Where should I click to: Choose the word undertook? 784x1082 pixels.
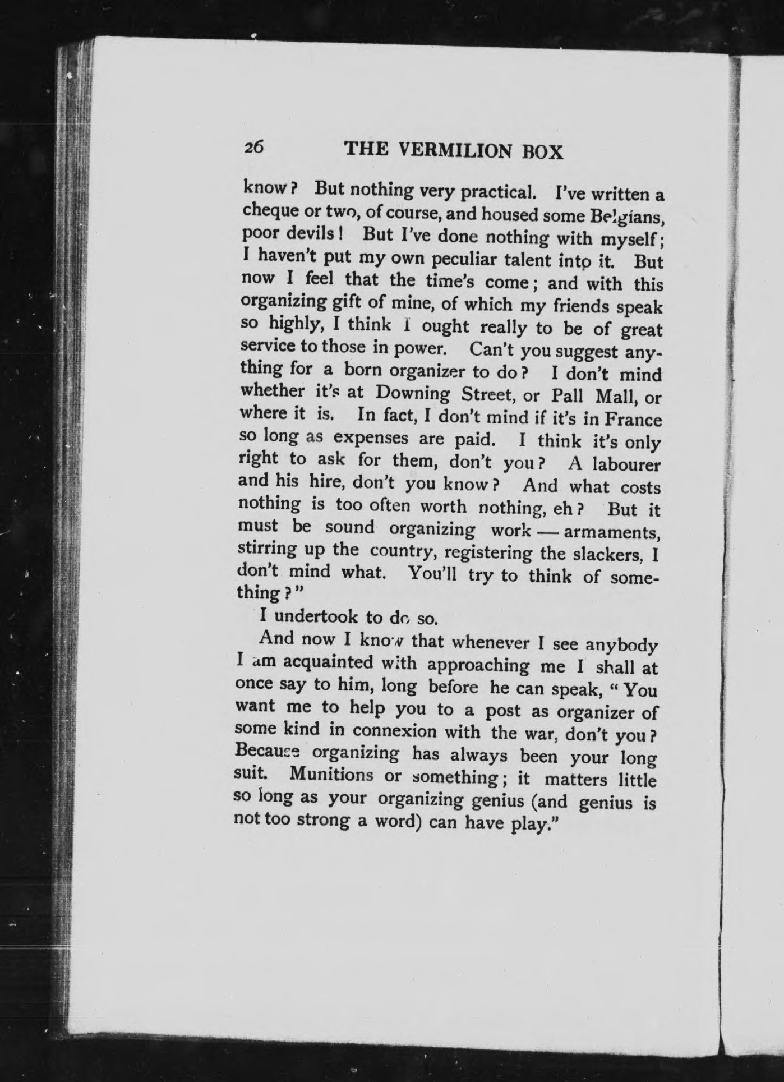tap(316, 616)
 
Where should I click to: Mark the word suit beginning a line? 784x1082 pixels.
tap(249, 774)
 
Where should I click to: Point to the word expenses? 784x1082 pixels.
tap(371, 438)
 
